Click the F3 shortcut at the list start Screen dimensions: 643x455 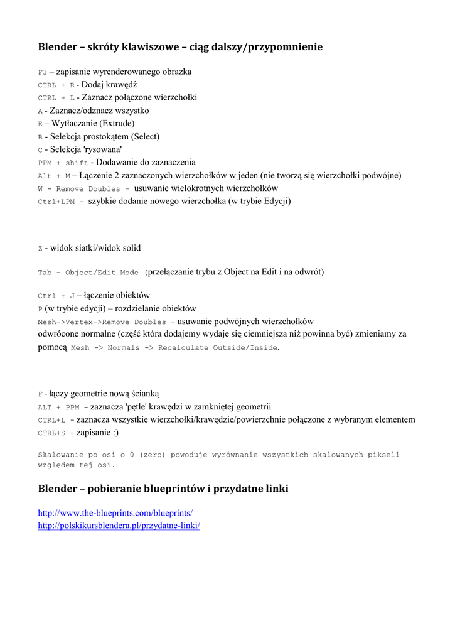point(42,72)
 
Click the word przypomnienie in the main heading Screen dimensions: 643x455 point(286,47)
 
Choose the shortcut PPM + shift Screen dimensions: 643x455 point(63,163)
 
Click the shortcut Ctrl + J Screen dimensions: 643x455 point(56,296)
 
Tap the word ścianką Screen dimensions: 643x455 point(144,394)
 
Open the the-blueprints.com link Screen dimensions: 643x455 point(115,513)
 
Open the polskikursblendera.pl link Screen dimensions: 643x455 point(119,525)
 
